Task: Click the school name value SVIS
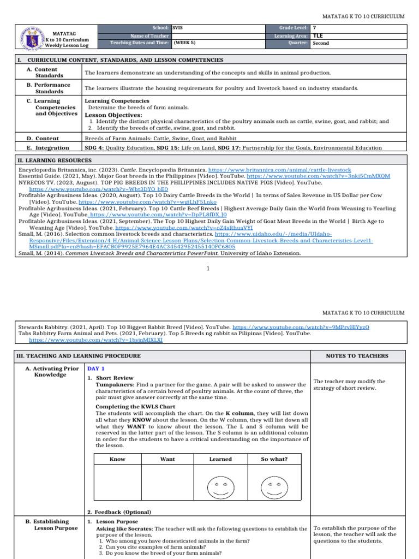tap(178, 27)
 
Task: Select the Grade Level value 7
tap(314, 27)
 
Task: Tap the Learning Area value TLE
tap(318, 35)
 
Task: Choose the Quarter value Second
tap(321, 43)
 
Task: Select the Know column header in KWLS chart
tap(117, 459)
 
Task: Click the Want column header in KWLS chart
tap(167, 459)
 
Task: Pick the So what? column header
tap(274, 459)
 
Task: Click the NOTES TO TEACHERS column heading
tap(357, 356)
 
